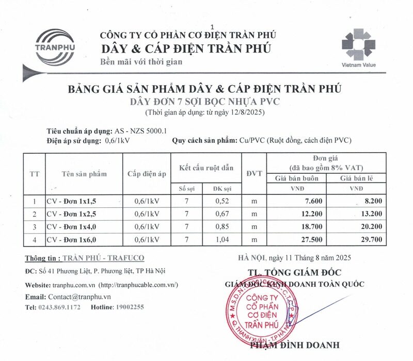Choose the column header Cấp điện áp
(147, 174)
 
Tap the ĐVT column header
(254, 173)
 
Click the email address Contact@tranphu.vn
(80, 297)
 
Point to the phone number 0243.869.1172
(59, 307)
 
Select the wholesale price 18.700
(313, 227)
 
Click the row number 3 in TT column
(35, 227)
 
